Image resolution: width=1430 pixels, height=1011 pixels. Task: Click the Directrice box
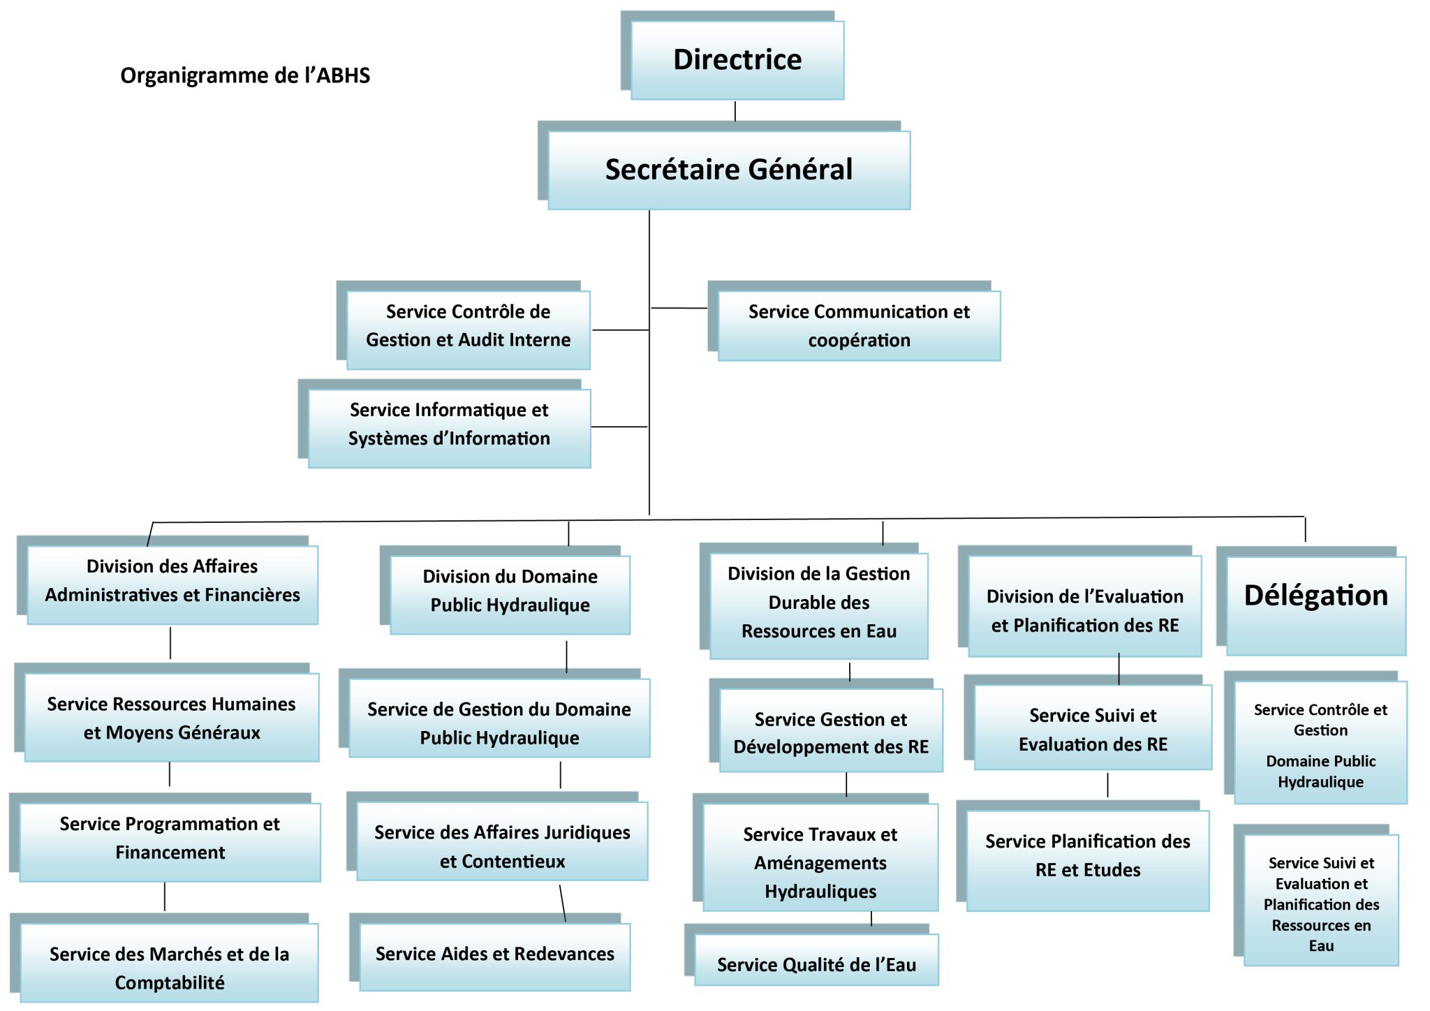click(737, 60)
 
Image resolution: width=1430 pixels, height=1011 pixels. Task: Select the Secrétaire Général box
click(729, 170)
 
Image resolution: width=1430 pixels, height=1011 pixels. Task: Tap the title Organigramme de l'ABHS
click(245, 75)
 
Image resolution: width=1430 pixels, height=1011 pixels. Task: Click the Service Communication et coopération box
click(859, 326)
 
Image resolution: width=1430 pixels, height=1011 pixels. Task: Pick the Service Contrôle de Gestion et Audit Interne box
click(468, 330)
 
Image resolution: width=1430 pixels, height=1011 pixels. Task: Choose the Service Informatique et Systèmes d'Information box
click(449, 428)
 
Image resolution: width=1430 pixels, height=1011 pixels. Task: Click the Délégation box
click(1316, 605)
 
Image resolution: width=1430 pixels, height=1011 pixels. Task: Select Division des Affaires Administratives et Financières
click(172, 584)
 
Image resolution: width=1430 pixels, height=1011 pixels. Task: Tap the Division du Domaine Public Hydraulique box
click(510, 594)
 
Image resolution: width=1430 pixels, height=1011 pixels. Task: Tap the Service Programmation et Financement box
click(170, 842)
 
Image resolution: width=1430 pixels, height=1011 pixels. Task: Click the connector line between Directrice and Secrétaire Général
click(735, 111)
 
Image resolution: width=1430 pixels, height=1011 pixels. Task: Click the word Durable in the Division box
click(819, 602)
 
